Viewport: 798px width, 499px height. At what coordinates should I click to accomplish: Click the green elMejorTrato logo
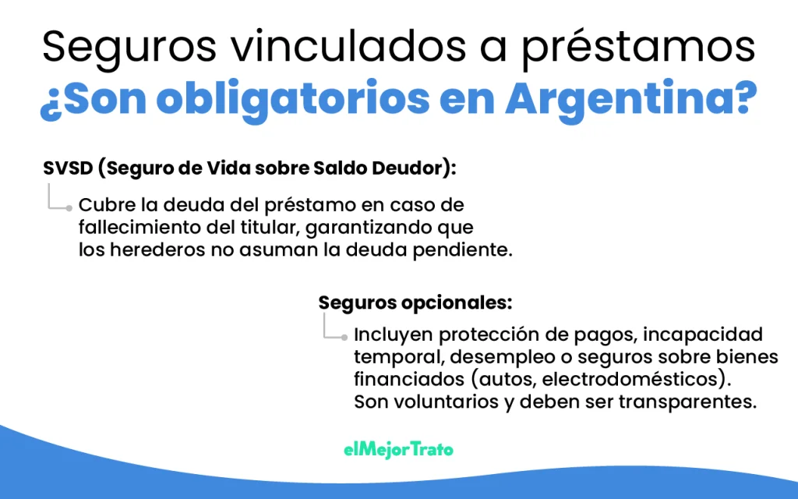(x=398, y=450)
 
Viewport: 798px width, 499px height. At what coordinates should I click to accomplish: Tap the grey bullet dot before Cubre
(x=70, y=208)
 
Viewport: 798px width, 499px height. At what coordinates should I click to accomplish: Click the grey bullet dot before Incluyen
(x=344, y=338)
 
